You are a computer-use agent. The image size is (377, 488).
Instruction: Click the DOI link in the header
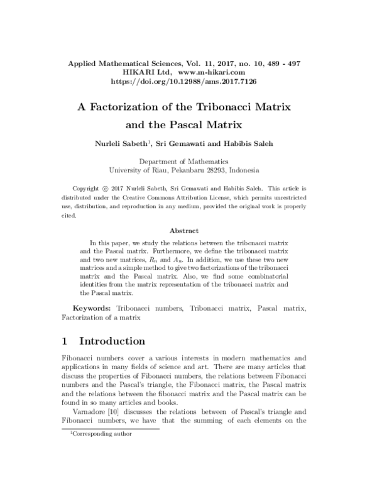tap(188, 82)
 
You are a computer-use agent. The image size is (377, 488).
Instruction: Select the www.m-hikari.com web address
tap(212, 72)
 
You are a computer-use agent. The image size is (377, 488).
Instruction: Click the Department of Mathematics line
tap(188, 161)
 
